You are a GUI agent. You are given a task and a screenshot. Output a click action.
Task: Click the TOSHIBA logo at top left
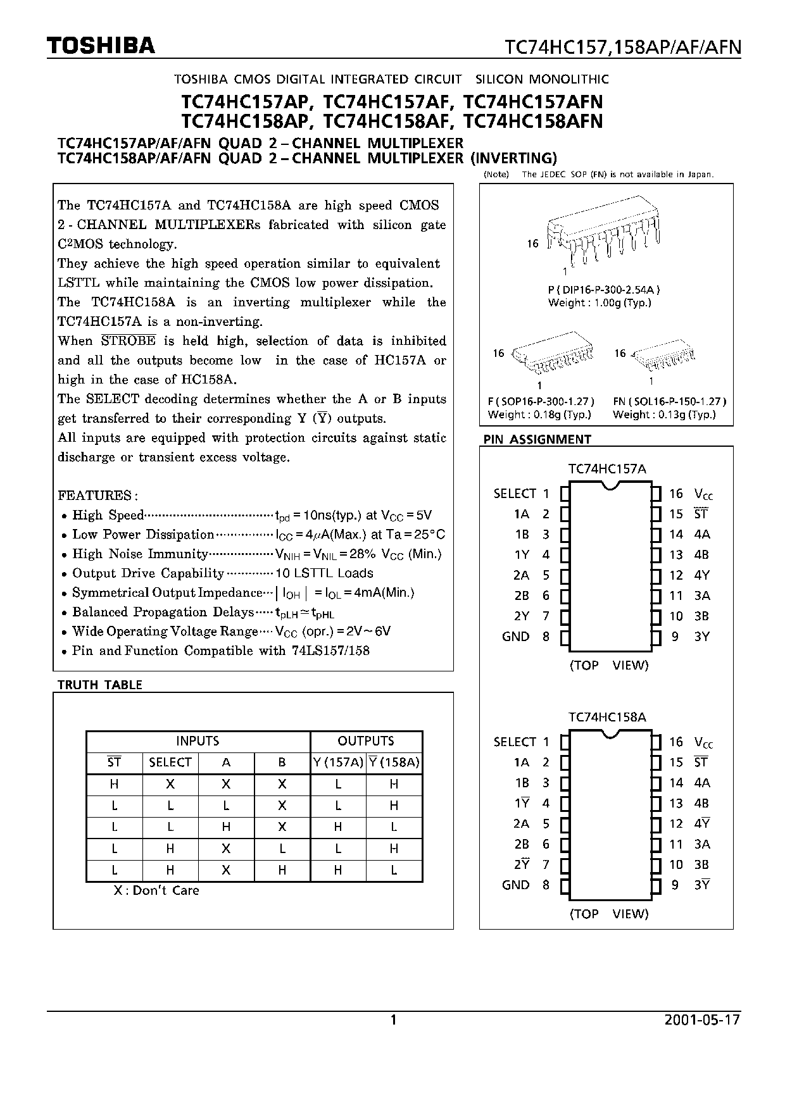pos(101,46)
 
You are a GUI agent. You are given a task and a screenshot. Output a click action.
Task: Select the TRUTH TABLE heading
pos(100,685)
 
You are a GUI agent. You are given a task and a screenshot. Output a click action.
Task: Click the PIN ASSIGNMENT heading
pos(537,439)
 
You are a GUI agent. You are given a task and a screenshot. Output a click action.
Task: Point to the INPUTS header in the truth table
pos(198,741)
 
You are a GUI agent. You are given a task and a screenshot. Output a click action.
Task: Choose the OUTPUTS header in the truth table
pos(366,741)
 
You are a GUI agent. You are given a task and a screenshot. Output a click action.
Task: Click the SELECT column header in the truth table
pos(170,763)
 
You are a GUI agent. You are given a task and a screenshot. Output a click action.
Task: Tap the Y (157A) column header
pos(338,763)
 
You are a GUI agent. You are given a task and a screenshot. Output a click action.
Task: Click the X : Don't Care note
pos(156,890)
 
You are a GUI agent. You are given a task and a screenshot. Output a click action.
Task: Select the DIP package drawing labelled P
pos(605,235)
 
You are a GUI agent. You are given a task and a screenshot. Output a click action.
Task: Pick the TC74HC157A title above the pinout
pos(607,469)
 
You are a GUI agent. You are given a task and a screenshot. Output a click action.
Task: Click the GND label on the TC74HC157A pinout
pos(515,637)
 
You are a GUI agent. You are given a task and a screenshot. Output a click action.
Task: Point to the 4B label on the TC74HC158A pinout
pos(702,803)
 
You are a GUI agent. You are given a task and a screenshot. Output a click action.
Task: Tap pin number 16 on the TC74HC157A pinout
pos(676,494)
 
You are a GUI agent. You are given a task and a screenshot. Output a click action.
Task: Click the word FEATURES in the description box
pos(95,495)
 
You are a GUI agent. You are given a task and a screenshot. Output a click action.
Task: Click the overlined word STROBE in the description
pos(129,341)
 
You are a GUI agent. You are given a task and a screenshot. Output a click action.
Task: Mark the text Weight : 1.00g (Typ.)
pos(600,302)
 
